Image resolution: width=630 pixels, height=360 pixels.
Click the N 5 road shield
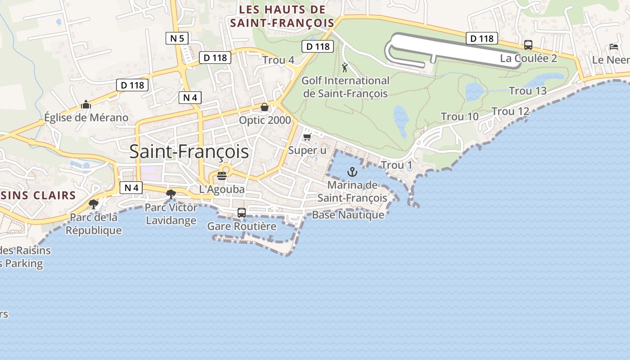177,38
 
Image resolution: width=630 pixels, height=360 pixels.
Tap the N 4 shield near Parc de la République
131,188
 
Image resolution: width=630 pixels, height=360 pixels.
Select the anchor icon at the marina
352,172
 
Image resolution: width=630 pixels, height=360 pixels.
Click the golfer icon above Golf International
345,67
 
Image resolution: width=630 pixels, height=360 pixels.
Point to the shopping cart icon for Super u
307,137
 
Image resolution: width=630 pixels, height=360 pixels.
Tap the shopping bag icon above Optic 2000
265,107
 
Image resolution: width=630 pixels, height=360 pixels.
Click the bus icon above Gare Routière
242,212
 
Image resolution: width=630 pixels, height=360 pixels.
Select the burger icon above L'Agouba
221,175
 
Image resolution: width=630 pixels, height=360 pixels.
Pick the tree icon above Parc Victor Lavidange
171,194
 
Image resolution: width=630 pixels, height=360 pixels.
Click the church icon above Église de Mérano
86,105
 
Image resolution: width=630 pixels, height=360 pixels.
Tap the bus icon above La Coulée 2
528,45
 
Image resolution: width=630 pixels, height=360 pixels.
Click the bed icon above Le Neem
613,46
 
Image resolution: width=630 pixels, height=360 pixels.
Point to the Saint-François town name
189,152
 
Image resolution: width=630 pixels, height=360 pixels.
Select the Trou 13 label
527,91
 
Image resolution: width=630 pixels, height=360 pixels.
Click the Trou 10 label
459,117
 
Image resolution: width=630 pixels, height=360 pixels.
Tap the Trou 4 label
278,60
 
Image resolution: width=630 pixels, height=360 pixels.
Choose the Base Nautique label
348,215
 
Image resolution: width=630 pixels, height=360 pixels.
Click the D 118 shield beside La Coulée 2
482,39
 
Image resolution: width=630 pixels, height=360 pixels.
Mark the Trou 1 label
396,165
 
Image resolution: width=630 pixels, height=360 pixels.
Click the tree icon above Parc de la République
94,204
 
